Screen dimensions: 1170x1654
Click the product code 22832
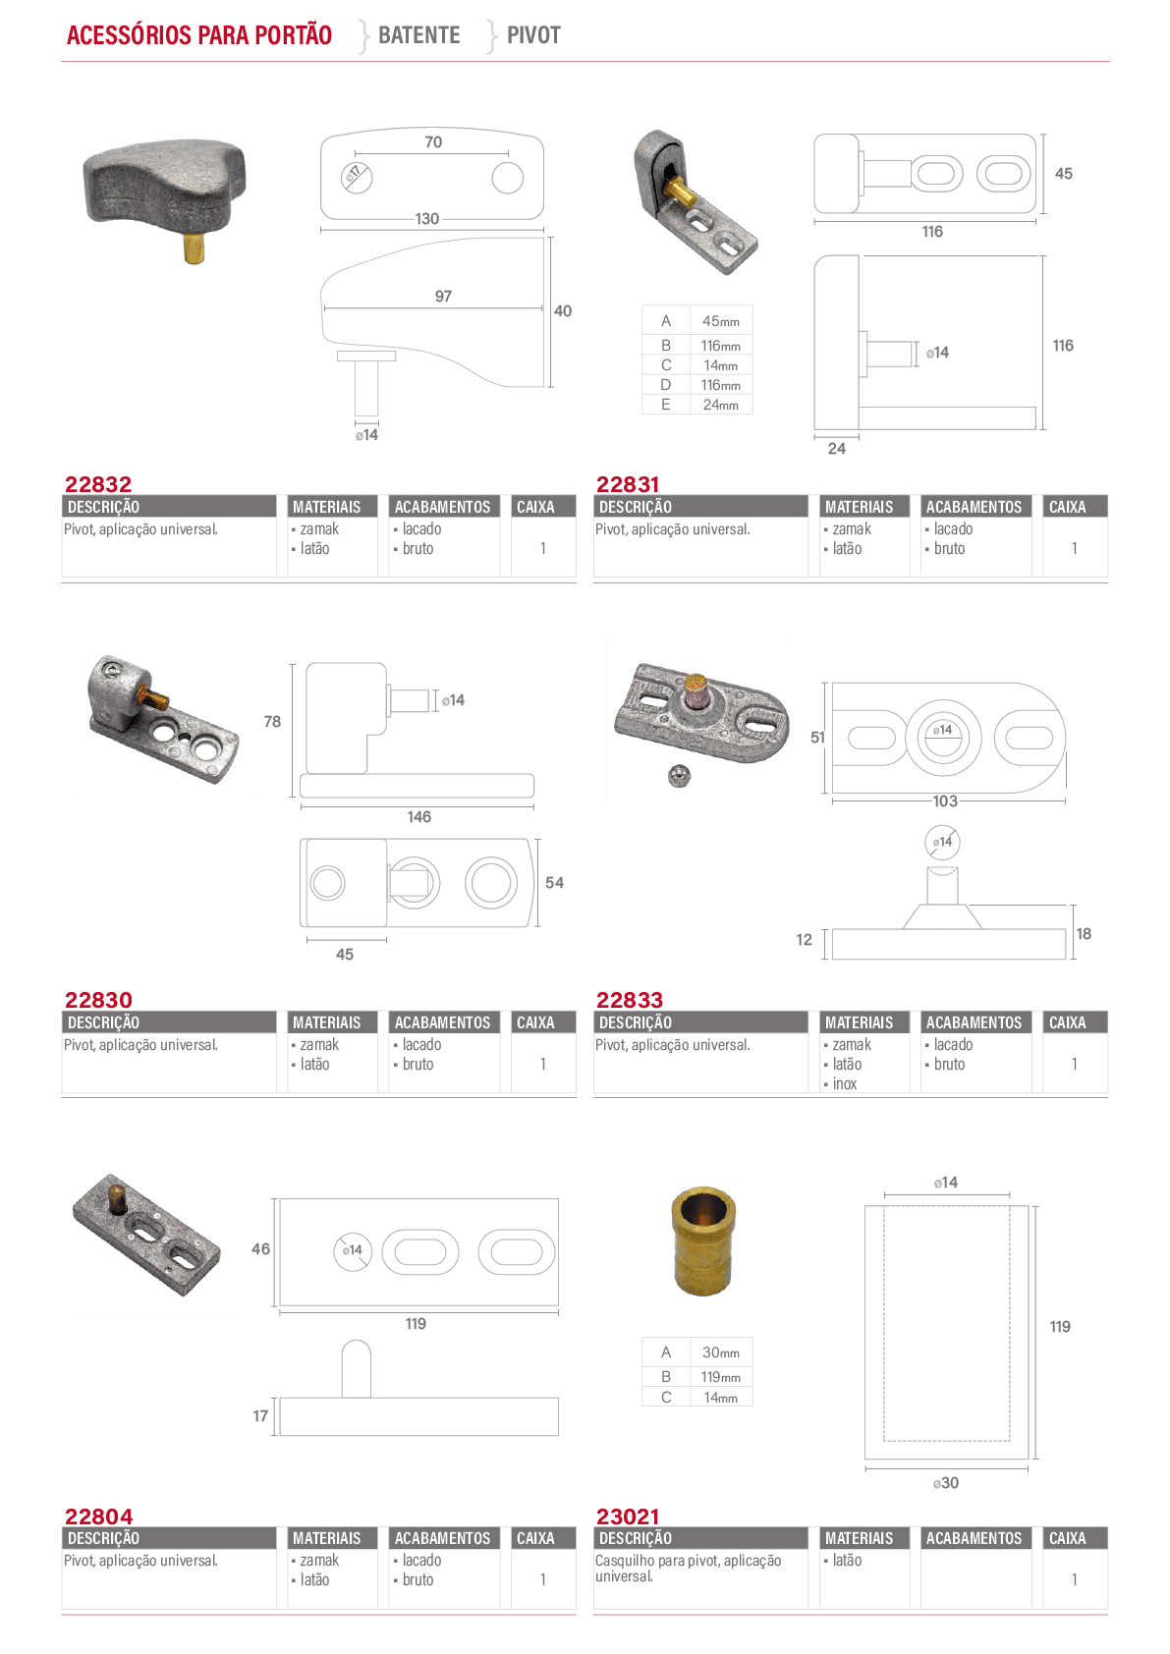[98, 484]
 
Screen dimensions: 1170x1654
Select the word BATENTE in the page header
[418, 34]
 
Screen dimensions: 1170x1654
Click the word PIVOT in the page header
[533, 34]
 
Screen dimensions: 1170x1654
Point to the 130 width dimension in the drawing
[427, 219]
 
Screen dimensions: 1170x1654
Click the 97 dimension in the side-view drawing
[443, 296]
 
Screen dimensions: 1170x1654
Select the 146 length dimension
[418, 816]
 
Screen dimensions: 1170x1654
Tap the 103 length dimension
[945, 801]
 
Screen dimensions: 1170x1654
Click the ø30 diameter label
[945, 1483]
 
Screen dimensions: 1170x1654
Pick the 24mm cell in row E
[721, 405]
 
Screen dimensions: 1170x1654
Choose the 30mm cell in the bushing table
[721, 1352]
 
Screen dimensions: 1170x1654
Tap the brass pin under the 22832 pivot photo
[194, 248]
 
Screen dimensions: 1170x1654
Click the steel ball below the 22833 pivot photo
[679, 776]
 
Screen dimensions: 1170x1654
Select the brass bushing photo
[704, 1240]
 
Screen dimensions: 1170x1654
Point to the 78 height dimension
[272, 721]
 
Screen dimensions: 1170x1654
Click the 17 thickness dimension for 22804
[260, 1415]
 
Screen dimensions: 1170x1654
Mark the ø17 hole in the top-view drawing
[356, 177]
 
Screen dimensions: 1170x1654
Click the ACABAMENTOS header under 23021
[974, 1538]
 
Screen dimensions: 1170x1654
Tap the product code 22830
[98, 1000]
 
